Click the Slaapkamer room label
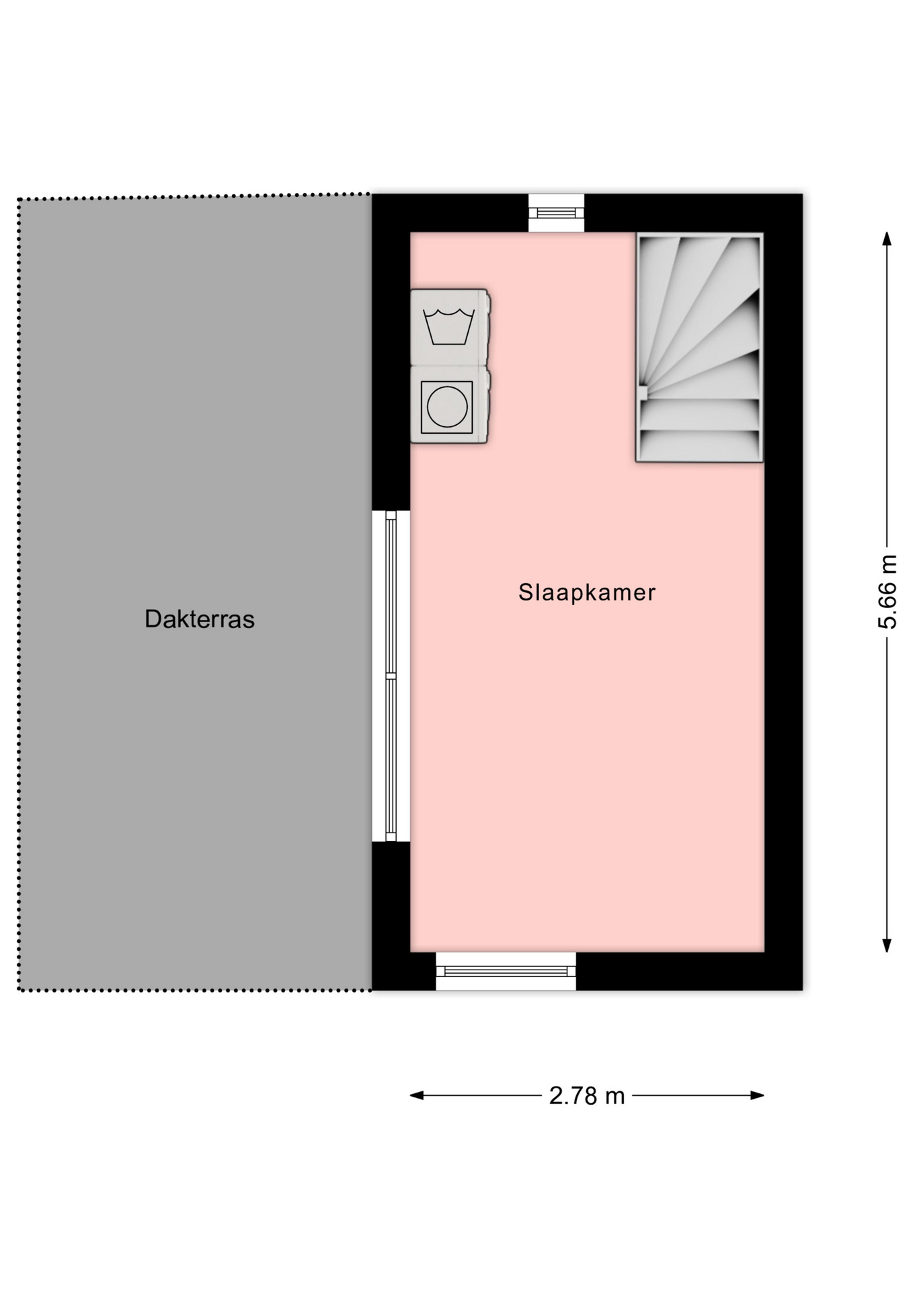(x=586, y=592)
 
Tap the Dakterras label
(x=200, y=619)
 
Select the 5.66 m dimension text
(x=887, y=592)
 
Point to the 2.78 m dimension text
(x=587, y=1095)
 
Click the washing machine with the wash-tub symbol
(x=450, y=327)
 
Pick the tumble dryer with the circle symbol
(x=450, y=405)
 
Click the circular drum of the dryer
(x=447, y=407)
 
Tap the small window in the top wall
(x=556, y=213)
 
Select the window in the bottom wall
(x=506, y=971)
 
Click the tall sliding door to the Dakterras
(x=391, y=676)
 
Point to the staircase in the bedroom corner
(x=699, y=348)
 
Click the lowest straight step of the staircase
(x=700, y=445)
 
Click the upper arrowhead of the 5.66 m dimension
(x=887, y=239)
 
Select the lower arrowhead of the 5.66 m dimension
(x=887, y=945)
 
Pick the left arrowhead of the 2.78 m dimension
(x=418, y=1095)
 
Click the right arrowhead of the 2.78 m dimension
(x=757, y=1095)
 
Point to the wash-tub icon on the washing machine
(x=449, y=327)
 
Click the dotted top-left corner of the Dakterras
(x=19, y=200)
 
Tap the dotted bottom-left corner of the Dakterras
(x=19, y=990)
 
